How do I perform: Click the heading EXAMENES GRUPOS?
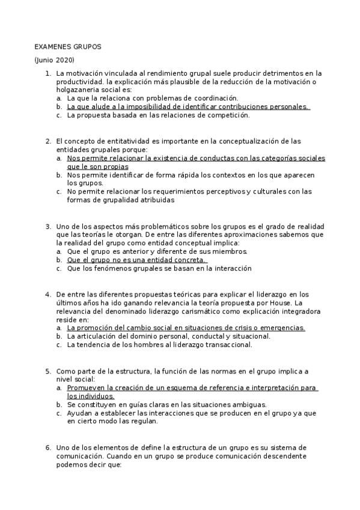pos(68,46)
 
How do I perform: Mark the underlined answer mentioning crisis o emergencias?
pos(186,328)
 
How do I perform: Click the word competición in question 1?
pos(227,115)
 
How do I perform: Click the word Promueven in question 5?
pos(86,388)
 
